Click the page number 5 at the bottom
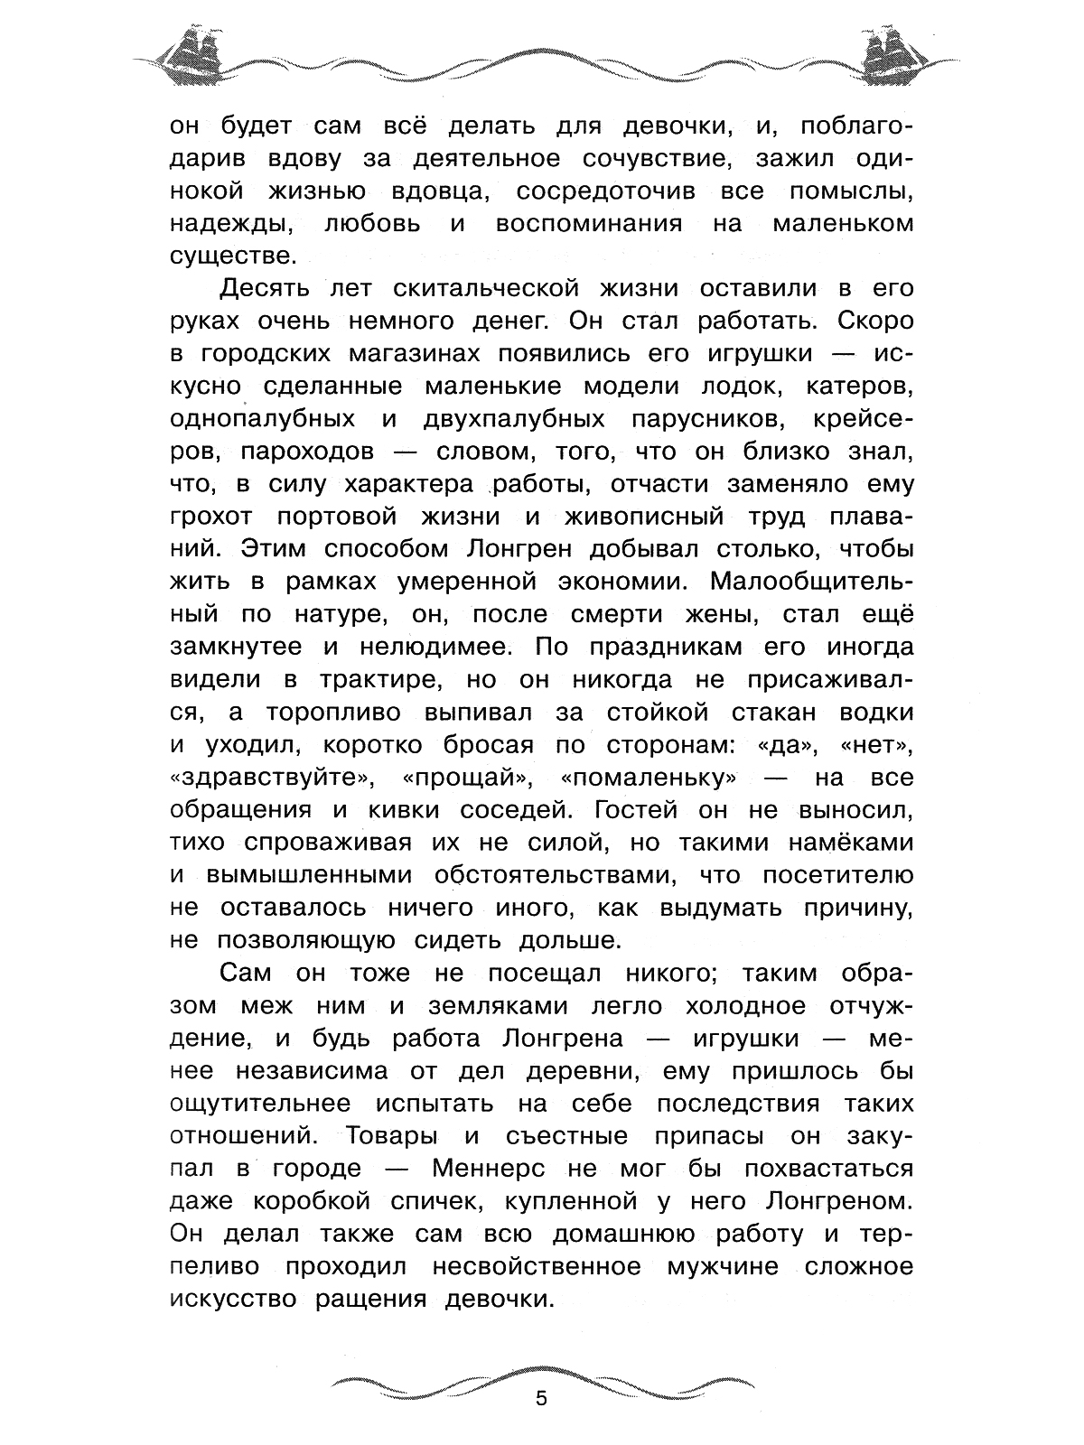pyautogui.click(x=541, y=1400)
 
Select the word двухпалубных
pyautogui.click(x=513, y=419)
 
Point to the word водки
pyautogui.click(x=874, y=712)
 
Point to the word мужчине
pyautogui.click(x=722, y=1266)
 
